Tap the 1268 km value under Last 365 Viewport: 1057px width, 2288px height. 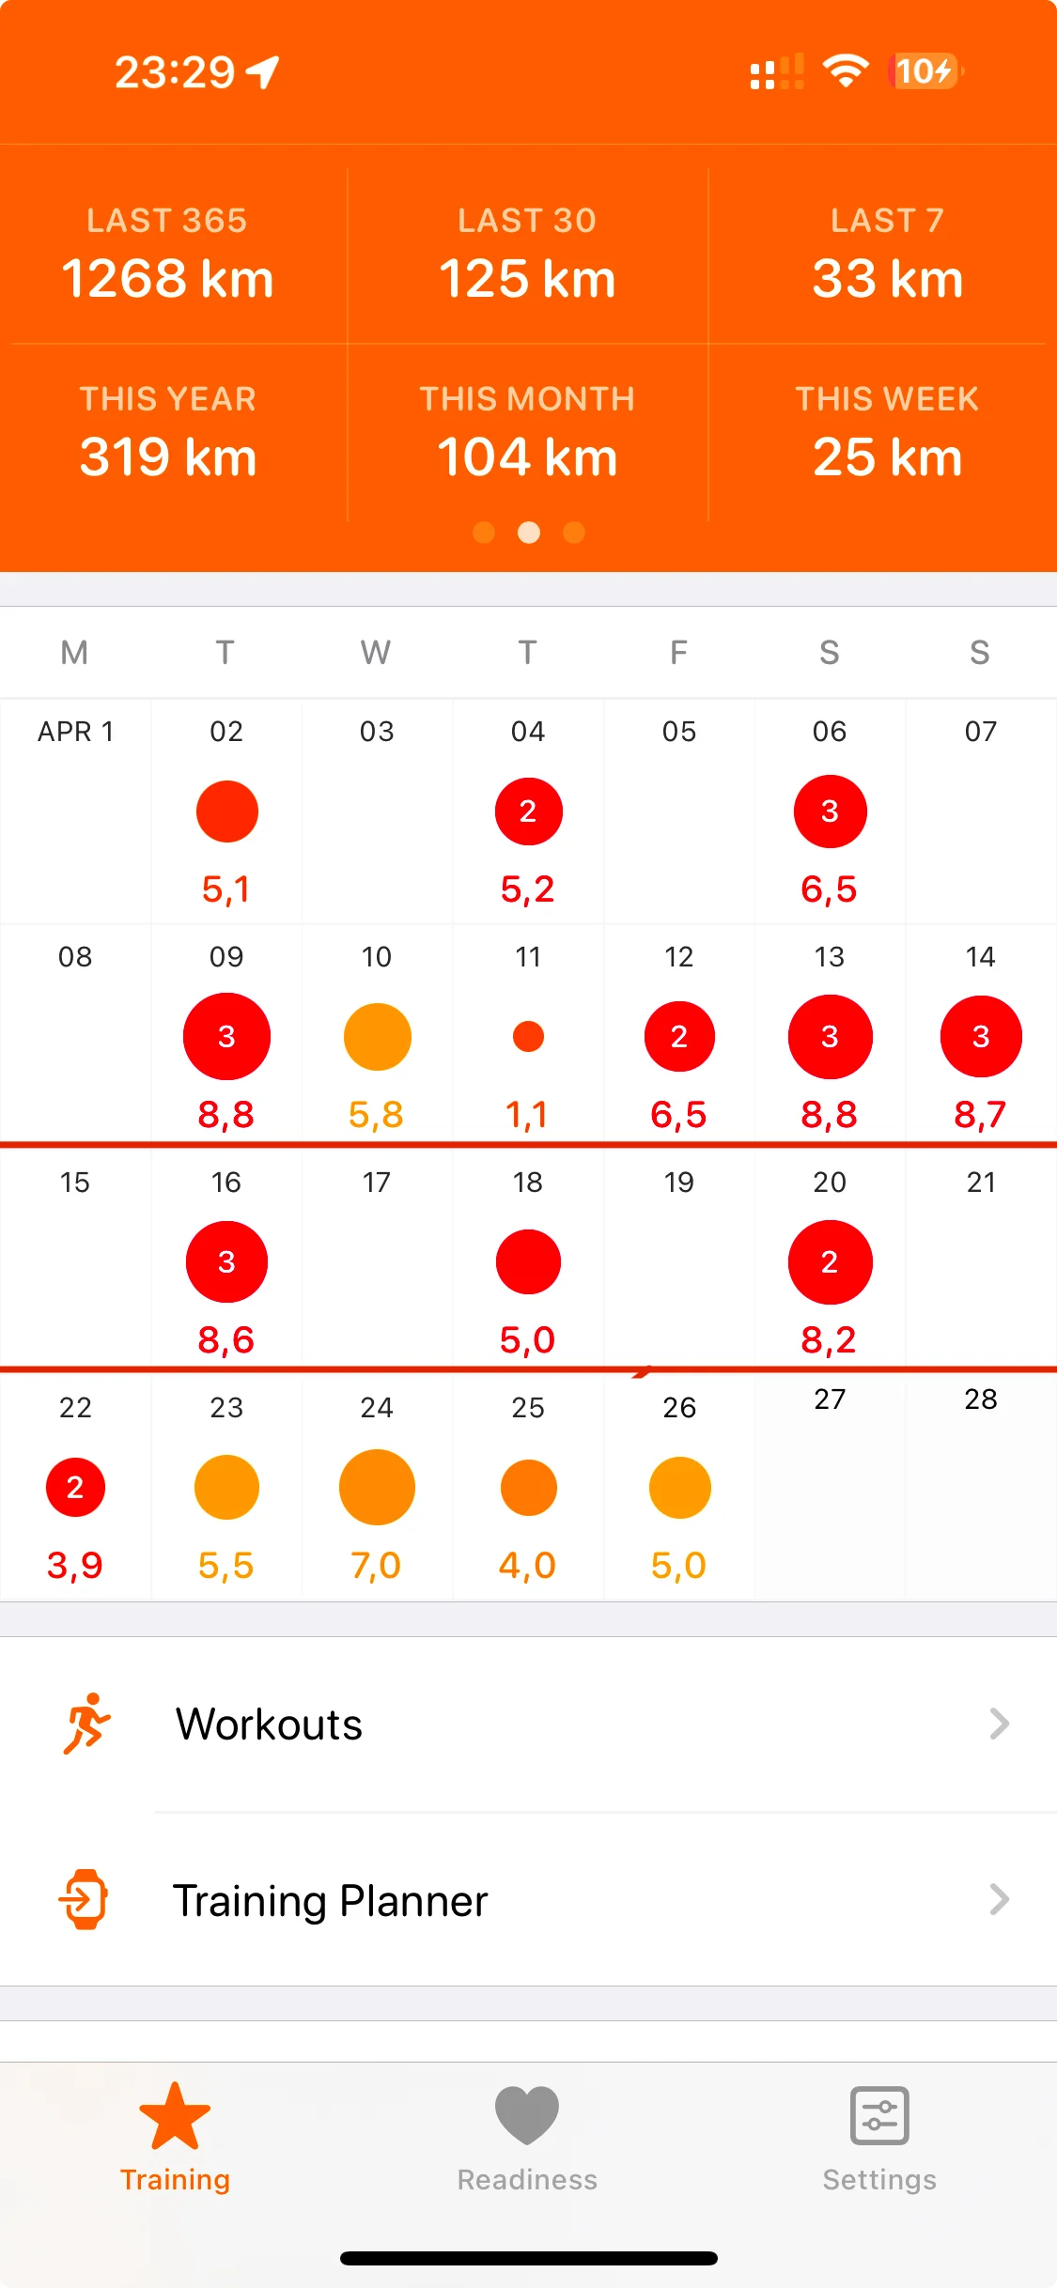pos(167,279)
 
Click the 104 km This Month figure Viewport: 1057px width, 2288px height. pos(527,457)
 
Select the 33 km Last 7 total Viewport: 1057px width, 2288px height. pos(887,279)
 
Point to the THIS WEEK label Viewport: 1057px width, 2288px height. pos(887,399)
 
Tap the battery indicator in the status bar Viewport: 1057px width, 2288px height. pos(925,71)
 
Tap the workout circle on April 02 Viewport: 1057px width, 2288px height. pos(226,812)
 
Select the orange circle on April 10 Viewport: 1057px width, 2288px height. pos(377,1037)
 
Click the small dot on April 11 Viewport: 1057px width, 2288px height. pos(528,1037)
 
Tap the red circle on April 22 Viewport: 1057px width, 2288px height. pos(75,1488)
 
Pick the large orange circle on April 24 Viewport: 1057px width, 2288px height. pos(377,1488)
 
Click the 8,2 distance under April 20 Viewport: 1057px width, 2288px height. pos(829,1340)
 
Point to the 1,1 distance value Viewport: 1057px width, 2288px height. pos(527,1115)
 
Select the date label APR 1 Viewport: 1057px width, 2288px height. pos(75,732)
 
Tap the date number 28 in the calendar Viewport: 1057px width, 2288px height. pos(980,1399)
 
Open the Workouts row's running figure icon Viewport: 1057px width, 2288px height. pos(86,1724)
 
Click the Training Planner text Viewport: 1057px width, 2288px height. pos(331,1900)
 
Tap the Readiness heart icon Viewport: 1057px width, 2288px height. pos(527,2115)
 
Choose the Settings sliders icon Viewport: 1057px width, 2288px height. pos(879,2115)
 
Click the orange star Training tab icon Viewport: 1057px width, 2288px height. pos(175,2115)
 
